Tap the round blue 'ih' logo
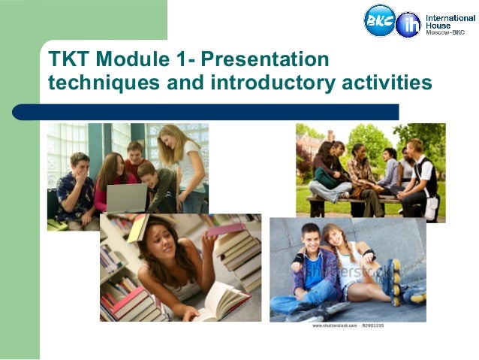408,24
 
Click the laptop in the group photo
126,197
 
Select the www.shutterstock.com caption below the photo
333,326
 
